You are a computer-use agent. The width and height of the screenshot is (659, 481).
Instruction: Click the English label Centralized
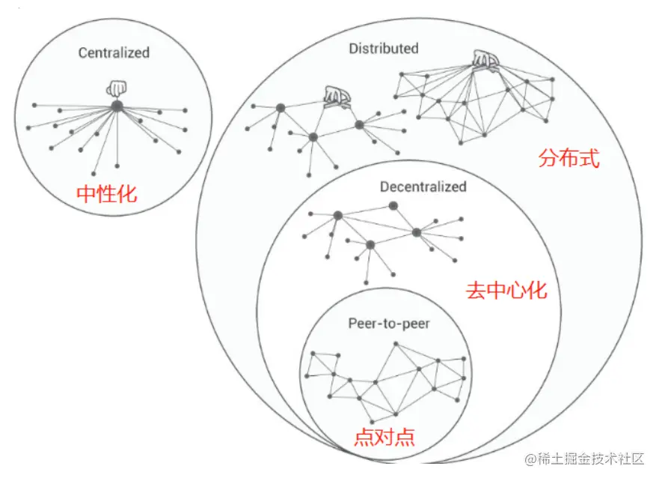(114, 52)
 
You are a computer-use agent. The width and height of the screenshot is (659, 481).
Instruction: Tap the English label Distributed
(384, 49)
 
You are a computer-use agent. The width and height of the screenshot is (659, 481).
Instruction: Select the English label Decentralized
(423, 187)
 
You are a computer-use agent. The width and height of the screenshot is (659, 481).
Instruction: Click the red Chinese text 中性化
(108, 194)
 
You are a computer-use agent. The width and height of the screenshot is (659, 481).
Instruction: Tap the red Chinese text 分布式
(569, 160)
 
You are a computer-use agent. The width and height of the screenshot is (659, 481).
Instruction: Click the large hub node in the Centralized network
(117, 107)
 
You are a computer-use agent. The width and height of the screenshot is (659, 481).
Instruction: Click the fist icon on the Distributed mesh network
(486, 61)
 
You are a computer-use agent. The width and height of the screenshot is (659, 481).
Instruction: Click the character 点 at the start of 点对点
(364, 436)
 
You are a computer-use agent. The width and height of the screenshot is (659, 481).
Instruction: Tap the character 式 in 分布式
(589, 160)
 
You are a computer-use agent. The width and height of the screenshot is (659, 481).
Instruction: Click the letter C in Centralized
(82, 52)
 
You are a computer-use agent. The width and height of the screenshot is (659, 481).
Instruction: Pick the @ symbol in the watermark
(531, 459)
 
